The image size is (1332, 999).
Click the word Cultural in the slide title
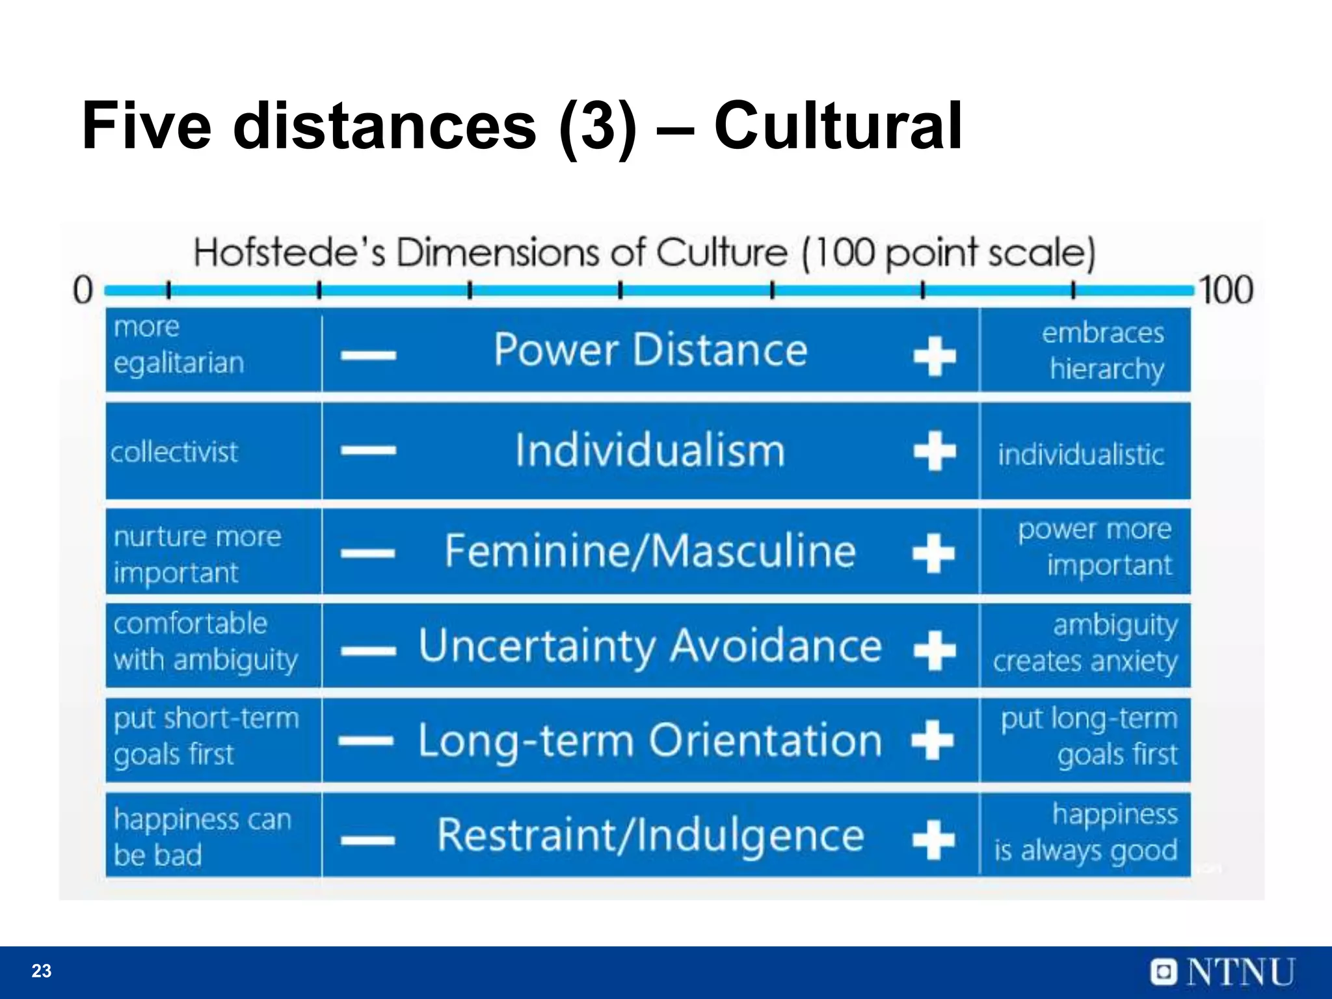pyautogui.click(x=838, y=126)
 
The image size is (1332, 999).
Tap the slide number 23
pyautogui.click(x=42, y=971)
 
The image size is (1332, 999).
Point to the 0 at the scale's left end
pyautogui.click(x=83, y=290)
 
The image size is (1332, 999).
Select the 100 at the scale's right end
pyautogui.click(x=1226, y=290)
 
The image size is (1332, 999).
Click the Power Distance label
pyautogui.click(x=650, y=350)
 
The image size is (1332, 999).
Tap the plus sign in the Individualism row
pyautogui.click(x=935, y=451)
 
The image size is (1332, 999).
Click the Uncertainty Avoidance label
pyautogui.click(x=650, y=646)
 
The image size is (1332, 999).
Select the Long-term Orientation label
pyautogui.click(x=650, y=740)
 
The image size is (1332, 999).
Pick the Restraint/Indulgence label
pyautogui.click(x=650, y=835)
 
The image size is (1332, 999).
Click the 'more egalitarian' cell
pyautogui.click(x=179, y=345)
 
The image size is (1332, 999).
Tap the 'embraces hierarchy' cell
pyautogui.click(x=1104, y=351)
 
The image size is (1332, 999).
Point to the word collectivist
pyautogui.click(x=174, y=452)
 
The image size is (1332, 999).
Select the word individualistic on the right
pyautogui.click(x=1081, y=455)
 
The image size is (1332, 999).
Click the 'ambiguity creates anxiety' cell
pyautogui.click(x=1086, y=643)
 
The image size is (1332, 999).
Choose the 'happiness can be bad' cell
pyautogui.click(x=202, y=836)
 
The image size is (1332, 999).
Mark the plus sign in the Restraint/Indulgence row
pyautogui.click(x=934, y=839)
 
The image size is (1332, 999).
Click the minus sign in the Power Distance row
pyautogui.click(x=369, y=355)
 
